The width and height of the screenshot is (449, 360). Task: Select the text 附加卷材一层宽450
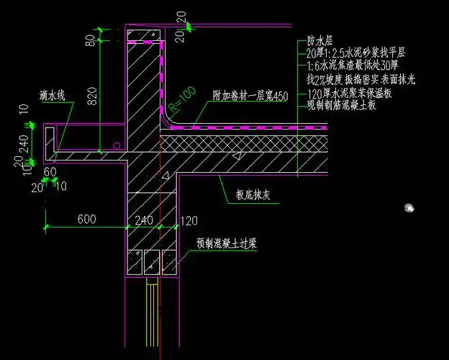[250, 95]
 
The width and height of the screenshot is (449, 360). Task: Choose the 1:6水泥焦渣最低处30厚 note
[354, 63]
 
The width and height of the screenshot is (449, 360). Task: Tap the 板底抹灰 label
[252, 193]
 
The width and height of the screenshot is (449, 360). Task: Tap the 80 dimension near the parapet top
[91, 40]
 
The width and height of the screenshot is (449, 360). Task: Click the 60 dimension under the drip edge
[50, 172]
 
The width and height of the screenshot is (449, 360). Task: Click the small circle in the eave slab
[116, 146]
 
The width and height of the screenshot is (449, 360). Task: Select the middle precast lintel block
[152, 262]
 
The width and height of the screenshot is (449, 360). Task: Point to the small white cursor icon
[409, 207]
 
